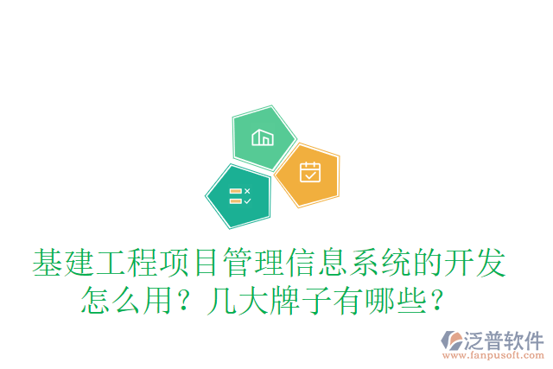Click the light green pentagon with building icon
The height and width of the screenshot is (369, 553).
[x=263, y=138]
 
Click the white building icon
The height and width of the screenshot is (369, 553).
[x=262, y=137]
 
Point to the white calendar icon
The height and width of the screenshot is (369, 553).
[x=309, y=172]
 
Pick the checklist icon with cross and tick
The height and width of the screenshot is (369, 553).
[x=239, y=195]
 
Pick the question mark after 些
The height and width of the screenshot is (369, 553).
[x=438, y=301]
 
